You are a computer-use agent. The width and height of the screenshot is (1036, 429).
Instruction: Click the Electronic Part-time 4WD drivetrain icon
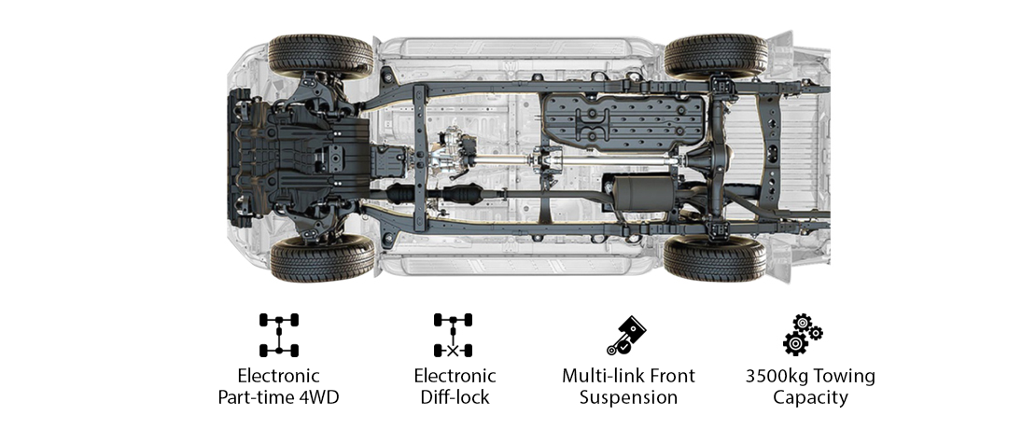tap(278, 335)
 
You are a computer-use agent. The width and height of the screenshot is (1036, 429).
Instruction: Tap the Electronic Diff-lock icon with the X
tap(453, 335)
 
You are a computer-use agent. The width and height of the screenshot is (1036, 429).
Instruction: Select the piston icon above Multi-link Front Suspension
tap(626, 335)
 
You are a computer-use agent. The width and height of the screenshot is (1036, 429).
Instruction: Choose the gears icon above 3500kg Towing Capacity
tap(802, 335)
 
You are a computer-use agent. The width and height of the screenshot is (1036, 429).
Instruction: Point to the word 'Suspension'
tap(628, 398)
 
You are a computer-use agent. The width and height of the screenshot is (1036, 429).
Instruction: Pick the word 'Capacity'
tap(810, 398)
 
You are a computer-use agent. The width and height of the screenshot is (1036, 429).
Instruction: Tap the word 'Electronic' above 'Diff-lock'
tap(455, 377)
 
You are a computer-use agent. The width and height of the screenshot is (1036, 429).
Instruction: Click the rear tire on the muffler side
tap(715, 258)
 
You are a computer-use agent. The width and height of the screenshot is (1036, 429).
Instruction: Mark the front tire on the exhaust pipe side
tap(321, 259)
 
